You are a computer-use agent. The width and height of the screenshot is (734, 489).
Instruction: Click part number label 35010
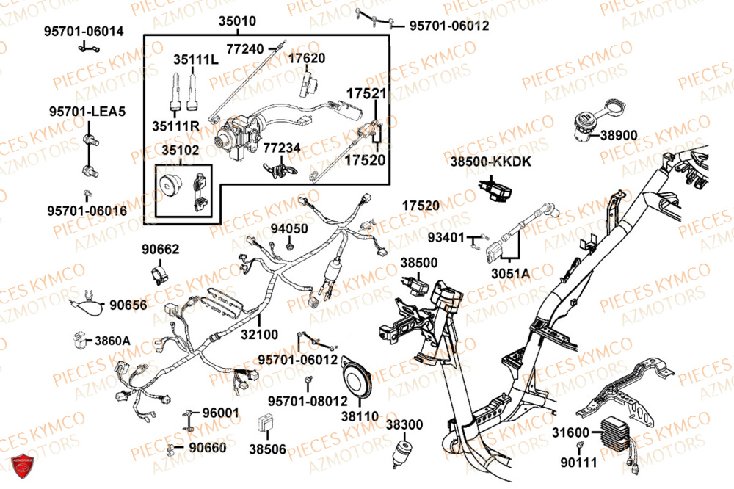pos(238,22)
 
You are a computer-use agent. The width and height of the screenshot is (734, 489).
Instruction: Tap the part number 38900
pos(619,135)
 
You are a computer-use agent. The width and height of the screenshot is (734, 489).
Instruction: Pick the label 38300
pos(404,424)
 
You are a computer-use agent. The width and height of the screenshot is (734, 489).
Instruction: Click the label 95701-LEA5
pos(88,112)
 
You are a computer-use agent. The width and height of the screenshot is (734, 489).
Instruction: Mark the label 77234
pos(282,148)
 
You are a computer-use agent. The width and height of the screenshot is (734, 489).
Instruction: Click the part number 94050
pos(289,228)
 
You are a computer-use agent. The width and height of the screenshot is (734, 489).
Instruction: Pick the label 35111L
pos(196,59)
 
